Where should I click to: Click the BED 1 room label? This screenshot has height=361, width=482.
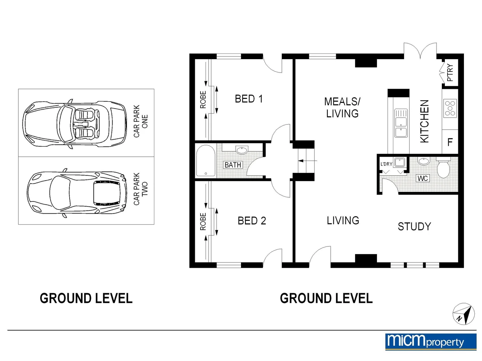(249, 99)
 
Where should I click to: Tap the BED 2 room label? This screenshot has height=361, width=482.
(252, 221)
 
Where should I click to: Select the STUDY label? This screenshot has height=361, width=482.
(414, 226)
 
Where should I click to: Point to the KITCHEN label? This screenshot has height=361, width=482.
(424, 121)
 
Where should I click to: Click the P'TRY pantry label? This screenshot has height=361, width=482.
(450, 73)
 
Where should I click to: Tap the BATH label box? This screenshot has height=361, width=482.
(233, 164)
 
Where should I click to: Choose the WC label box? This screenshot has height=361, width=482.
(422, 178)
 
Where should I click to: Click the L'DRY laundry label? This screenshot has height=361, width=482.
(386, 164)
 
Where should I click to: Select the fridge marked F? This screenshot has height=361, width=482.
(450, 142)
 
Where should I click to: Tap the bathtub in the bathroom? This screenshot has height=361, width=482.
(206, 160)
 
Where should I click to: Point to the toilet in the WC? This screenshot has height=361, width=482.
(444, 167)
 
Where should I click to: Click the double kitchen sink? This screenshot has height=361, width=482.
(401, 123)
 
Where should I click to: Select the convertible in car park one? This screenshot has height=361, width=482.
(75, 124)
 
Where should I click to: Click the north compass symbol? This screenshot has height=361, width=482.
(463, 314)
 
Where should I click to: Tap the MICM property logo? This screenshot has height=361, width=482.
(431, 342)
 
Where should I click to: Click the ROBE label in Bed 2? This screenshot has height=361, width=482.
(203, 221)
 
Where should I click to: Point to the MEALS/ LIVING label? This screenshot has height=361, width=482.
(342, 108)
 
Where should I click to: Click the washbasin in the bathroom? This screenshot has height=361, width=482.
(242, 150)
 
